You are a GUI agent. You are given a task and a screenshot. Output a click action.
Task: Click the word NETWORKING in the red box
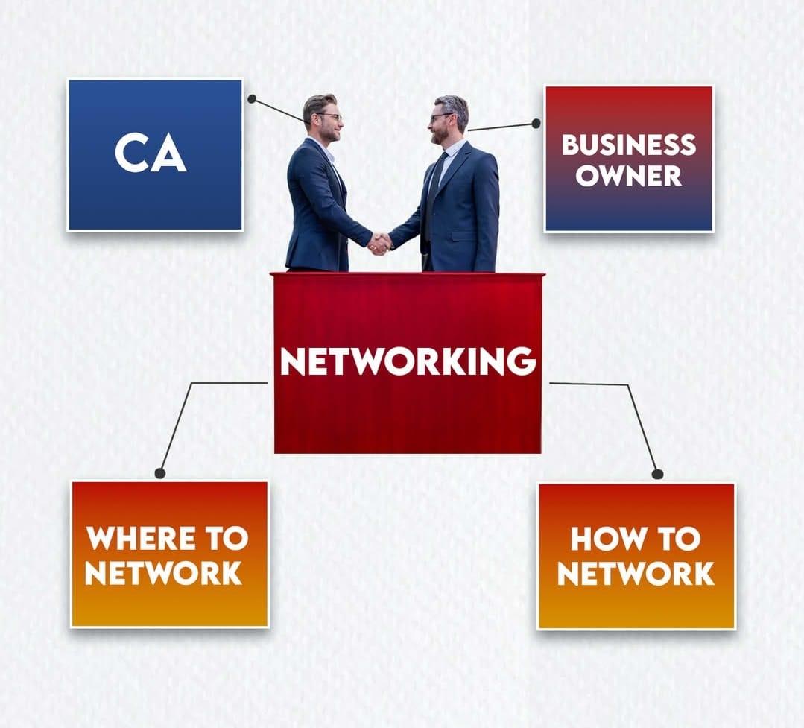click(x=408, y=361)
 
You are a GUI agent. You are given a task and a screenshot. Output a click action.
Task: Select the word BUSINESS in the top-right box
click(x=628, y=145)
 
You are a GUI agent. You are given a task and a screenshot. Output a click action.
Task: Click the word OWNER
click(x=628, y=176)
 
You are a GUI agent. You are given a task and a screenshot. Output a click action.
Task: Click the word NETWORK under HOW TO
click(x=636, y=574)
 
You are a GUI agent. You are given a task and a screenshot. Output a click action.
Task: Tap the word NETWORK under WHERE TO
click(x=163, y=573)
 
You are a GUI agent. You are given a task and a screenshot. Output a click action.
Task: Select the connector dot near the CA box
click(x=252, y=98)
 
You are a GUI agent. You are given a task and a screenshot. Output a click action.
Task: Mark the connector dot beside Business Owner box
click(x=536, y=124)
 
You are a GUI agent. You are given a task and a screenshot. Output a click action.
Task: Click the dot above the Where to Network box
click(x=159, y=473)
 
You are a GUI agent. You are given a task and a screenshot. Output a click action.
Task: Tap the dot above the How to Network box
click(x=657, y=474)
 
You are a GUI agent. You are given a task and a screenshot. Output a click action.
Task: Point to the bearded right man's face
click(x=443, y=123)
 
